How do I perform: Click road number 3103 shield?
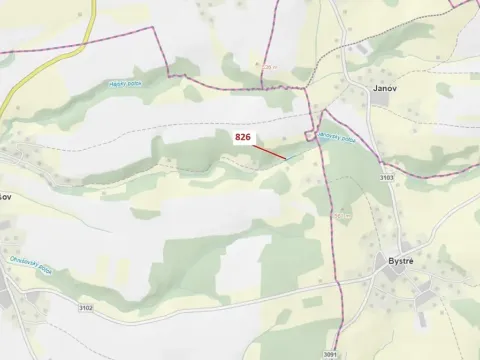click(x=387, y=177)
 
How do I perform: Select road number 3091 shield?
click(x=330, y=354)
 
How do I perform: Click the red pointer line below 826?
click(x=269, y=151)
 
